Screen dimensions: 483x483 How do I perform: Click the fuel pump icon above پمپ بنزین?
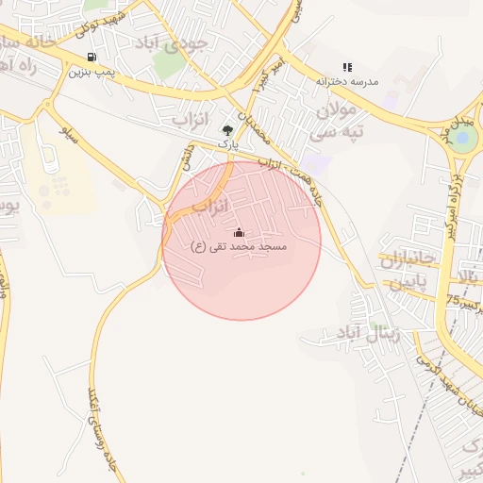point(91,57)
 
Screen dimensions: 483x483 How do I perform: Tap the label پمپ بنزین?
point(92,72)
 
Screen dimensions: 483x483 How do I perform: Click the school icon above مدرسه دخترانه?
point(347,67)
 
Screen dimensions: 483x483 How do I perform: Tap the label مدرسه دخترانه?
point(347,82)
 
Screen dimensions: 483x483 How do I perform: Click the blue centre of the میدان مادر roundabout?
point(462,141)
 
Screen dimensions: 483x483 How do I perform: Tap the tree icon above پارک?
point(226,130)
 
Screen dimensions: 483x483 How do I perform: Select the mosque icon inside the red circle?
point(239,232)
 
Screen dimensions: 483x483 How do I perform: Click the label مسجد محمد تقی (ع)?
point(239,246)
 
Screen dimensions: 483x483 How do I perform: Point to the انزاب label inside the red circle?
point(211,205)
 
